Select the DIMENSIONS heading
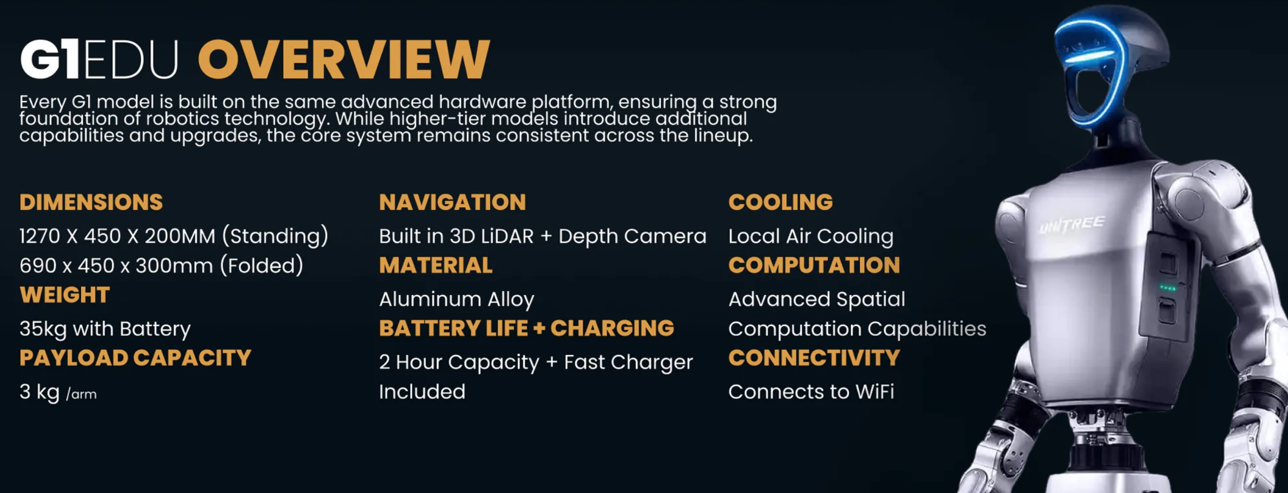(91, 202)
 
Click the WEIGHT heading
(64, 295)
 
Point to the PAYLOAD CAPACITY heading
(135, 358)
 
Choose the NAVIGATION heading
(452, 202)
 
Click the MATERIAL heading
(436, 265)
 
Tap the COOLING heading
(780, 202)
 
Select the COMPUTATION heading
(814, 265)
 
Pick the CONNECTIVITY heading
(814, 358)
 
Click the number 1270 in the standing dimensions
(40, 236)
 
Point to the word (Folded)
(262, 265)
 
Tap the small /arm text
(81, 395)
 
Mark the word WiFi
(875, 392)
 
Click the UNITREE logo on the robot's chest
(1071, 225)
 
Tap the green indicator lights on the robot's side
(1168, 288)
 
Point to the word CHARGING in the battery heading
(612, 328)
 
